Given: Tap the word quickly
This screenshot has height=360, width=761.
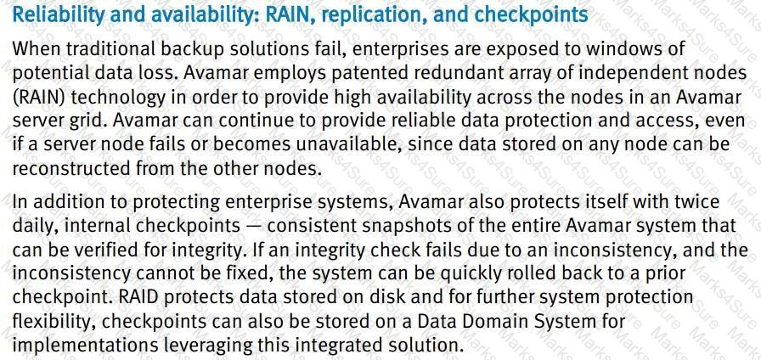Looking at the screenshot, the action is (x=471, y=273).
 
